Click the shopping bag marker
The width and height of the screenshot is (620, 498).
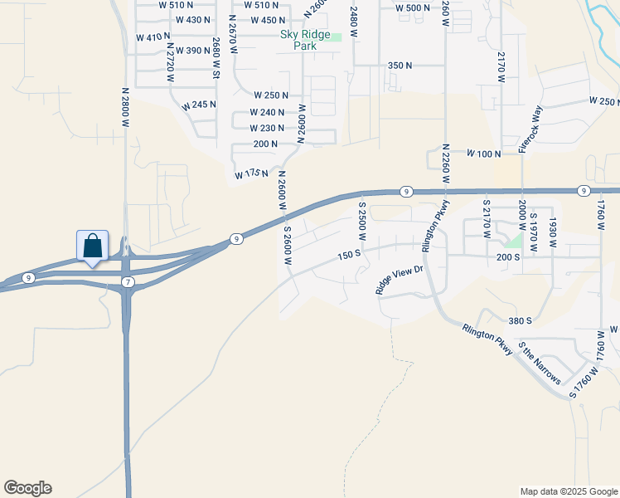(x=92, y=247)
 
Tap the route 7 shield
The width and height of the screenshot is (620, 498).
(x=128, y=283)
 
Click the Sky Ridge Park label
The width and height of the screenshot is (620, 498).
(x=298, y=40)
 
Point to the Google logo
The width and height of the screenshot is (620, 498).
(x=27, y=488)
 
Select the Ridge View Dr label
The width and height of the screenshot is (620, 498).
(x=400, y=280)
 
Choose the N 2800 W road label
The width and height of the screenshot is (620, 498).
(x=126, y=107)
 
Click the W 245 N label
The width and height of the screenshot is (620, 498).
(x=199, y=105)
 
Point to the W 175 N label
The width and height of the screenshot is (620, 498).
(x=251, y=173)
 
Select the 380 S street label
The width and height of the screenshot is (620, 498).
(x=520, y=320)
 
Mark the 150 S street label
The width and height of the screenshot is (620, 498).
(x=348, y=254)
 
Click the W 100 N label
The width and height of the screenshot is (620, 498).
(x=485, y=154)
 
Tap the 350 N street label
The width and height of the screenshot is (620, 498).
(x=400, y=65)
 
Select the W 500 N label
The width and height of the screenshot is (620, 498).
(x=413, y=7)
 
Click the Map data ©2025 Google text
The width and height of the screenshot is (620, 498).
(x=568, y=491)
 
